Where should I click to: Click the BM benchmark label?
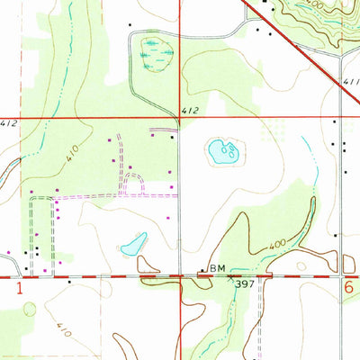217,268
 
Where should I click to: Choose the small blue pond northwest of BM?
134,244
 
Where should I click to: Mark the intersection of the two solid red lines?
179,117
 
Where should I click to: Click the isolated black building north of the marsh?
130,24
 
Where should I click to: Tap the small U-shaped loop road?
133,184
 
